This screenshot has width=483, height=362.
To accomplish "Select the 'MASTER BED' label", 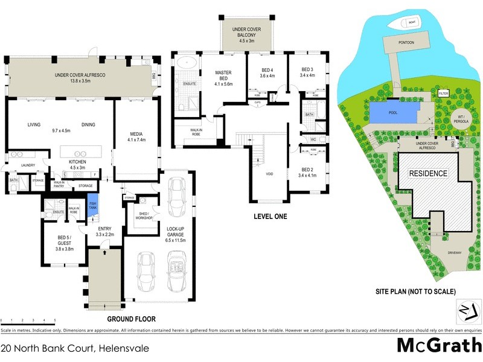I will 223,76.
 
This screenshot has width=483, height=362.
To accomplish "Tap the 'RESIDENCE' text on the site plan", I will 429,174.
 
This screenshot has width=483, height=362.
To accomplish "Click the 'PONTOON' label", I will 406,43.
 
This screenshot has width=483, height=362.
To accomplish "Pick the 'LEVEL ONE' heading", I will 269,216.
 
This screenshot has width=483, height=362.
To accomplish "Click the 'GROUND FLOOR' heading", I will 131,319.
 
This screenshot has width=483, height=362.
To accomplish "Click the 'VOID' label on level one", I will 270,174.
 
